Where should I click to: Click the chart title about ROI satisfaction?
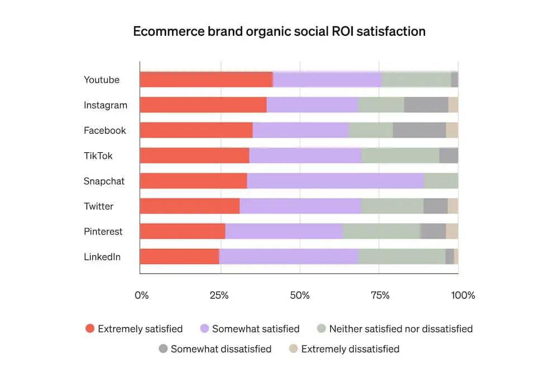(x=279, y=31)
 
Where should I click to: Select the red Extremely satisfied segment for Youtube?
(x=206, y=80)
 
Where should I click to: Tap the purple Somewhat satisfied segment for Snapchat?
(x=335, y=181)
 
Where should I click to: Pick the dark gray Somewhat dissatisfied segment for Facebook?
(x=419, y=130)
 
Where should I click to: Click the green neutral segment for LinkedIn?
(x=401, y=257)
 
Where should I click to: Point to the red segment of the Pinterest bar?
(x=182, y=232)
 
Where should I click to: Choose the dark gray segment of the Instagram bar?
(x=426, y=105)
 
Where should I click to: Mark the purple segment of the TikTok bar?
(x=305, y=155)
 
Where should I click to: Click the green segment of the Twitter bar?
(x=392, y=206)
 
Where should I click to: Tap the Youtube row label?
(x=102, y=80)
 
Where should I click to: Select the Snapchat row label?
(x=104, y=181)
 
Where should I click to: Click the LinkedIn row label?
(x=102, y=257)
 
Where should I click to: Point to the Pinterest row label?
(x=103, y=232)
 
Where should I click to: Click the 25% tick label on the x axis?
(x=219, y=295)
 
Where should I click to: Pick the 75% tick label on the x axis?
(x=380, y=295)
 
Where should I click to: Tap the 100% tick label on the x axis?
(x=463, y=295)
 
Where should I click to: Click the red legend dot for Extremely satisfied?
(x=89, y=329)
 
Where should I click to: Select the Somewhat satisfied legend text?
(x=255, y=329)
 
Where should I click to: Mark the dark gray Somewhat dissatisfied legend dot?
(x=163, y=349)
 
